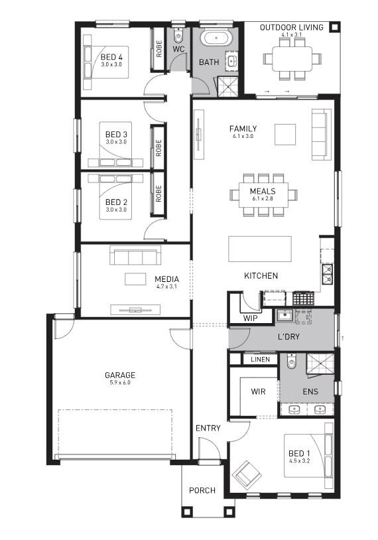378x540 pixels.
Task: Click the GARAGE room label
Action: (x=120, y=375)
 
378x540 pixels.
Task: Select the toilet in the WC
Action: (x=178, y=35)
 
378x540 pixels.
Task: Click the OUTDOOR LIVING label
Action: (x=292, y=27)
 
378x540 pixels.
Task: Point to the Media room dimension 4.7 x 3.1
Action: (x=166, y=286)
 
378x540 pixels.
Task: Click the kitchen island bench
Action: (x=260, y=249)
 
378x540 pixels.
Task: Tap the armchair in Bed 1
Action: (x=247, y=474)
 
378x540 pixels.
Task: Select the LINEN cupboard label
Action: (x=260, y=360)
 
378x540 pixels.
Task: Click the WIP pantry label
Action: (x=250, y=318)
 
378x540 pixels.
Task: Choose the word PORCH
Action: (x=202, y=490)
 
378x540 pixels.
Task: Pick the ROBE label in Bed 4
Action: (x=158, y=48)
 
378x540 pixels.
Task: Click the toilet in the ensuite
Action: (x=291, y=362)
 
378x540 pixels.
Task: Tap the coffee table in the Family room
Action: (x=285, y=134)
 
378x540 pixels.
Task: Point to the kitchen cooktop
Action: (x=304, y=299)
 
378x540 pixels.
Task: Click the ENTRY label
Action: (x=208, y=428)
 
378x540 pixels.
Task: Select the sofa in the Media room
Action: (x=135, y=255)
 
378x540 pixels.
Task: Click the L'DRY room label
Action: (x=288, y=336)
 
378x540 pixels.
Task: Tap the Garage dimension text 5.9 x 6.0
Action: (x=120, y=382)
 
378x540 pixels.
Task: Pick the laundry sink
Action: (x=284, y=315)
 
